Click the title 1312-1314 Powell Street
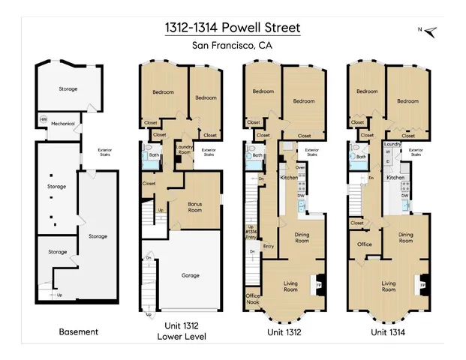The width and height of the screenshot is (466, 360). [x=233, y=28]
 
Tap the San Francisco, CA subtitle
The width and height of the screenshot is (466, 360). [x=233, y=46]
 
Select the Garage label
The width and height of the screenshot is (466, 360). [x=190, y=275]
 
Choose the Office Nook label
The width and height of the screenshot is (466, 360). [x=253, y=299]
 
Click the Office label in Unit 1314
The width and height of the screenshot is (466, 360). [x=364, y=244]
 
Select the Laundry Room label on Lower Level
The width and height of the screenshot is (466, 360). [x=184, y=150]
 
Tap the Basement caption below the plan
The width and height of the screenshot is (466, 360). [x=78, y=331]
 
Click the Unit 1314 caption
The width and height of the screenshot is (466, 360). [x=390, y=331]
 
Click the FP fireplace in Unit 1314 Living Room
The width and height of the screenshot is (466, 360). [x=422, y=286]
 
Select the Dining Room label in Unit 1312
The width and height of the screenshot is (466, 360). [x=302, y=238]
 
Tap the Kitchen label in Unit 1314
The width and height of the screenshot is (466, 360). [x=395, y=178]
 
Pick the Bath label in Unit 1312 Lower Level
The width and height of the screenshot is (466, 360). [x=154, y=155]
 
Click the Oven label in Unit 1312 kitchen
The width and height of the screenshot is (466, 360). [x=299, y=167]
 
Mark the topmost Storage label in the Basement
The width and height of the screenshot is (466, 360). [x=68, y=88]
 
